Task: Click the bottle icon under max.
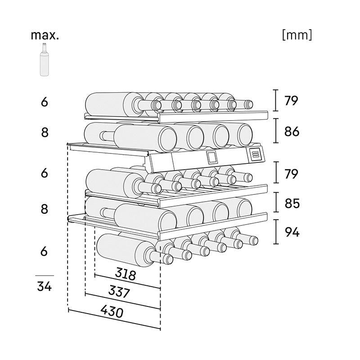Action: (x=45, y=60)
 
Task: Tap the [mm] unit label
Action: (x=297, y=35)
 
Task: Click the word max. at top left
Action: (x=44, y=35)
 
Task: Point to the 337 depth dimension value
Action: (x=119, y=292)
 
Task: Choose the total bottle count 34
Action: (x=44, y=286)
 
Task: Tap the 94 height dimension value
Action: (x=292, y=232)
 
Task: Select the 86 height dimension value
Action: (x=292, y=132)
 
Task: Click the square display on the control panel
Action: (x=211, y=157)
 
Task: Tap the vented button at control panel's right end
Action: (x=255, y=154)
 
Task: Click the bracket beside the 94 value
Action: (x=275, y=232)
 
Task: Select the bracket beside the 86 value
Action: (x=275, y=132)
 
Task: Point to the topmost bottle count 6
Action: (x=44, y=102)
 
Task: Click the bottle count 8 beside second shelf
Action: (x=44, y=133)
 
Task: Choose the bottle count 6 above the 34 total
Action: (x=44, y=252)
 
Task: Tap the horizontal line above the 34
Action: (x=44, y=275)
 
